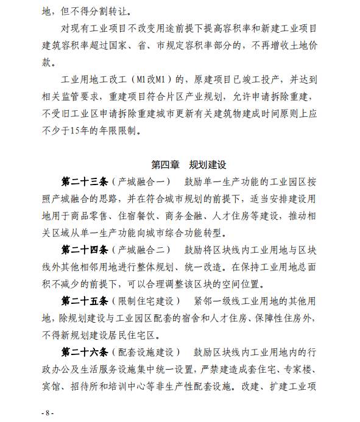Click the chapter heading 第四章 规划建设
coord(181,164)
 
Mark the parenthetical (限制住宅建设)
coord(144,301)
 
